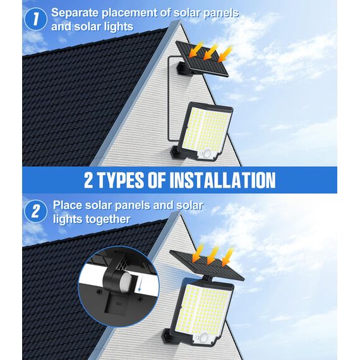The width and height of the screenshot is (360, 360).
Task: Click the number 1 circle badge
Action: coord(36,19)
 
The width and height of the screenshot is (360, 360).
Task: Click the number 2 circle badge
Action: coord(36,212)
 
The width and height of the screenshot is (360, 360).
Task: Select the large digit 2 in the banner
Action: coord(92,181)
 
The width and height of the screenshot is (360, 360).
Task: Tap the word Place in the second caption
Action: coord(68,205)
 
